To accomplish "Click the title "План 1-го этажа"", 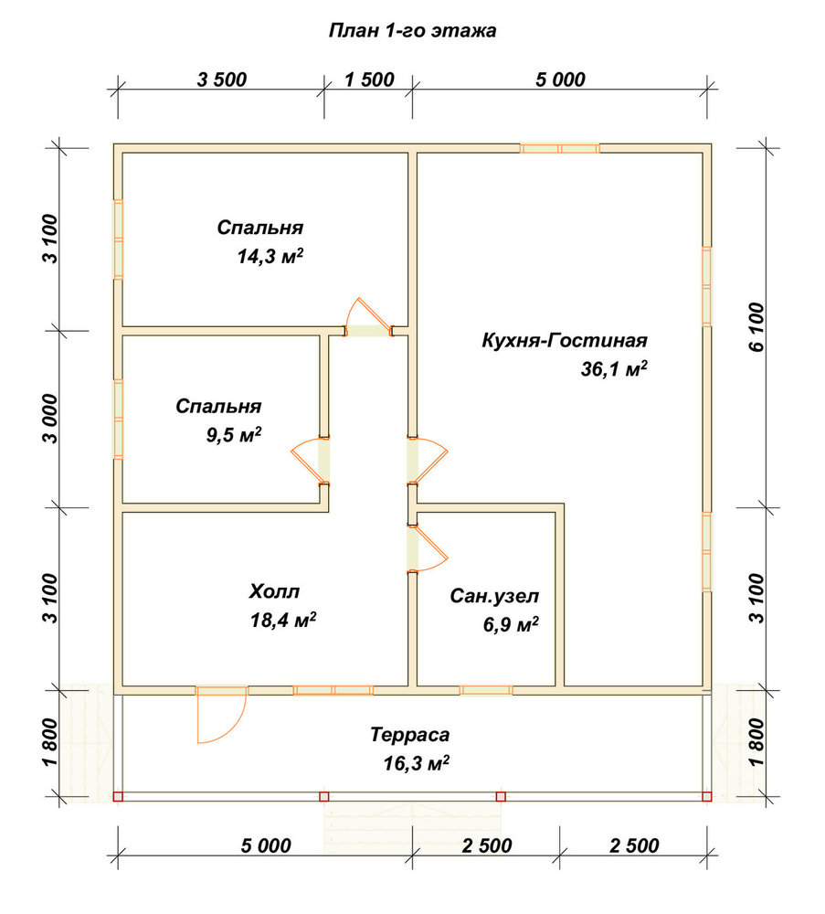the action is [x=413, y=30].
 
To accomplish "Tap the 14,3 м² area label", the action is [x=270, y=256].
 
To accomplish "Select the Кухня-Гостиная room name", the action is [x=564, y=340].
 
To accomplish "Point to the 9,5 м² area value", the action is [x=234, y=435].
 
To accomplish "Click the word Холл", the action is [x=274, y=591].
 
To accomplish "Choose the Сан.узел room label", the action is [x=494, y=597].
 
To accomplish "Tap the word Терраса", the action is [x=409, y=735].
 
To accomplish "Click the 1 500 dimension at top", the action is [x=369, y=80].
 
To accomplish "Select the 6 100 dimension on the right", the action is [x=756, y=327].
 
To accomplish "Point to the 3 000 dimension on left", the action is [x=50, y=419].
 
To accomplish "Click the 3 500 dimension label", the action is [x=222, y=80].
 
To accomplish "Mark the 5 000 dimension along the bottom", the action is [x=266, y=845].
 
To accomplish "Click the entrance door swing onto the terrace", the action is [x=220, y=716].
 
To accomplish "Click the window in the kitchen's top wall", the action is [x=560, y=148].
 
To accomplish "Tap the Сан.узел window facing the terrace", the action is [x=486, y=691].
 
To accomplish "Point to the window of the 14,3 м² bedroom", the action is [x=118, y=239].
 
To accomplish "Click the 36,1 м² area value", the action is [x=614, y=369].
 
